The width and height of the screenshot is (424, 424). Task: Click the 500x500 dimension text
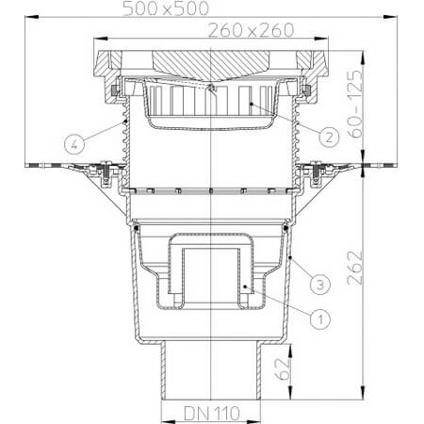tap(166, 8)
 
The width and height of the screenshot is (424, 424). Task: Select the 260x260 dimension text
tap(251, 30)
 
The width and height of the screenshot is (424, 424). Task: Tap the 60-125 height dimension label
tap(355, 104)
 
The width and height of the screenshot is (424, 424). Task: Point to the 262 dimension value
tap(355, 268)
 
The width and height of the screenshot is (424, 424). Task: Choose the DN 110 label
tap(212, 414)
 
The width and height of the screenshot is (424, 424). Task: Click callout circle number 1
tap(320, 319)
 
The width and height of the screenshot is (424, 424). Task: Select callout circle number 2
tap(329, 138)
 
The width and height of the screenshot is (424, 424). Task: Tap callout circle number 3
tap(320, 285)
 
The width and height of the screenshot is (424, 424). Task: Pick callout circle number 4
tap(74, 144)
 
